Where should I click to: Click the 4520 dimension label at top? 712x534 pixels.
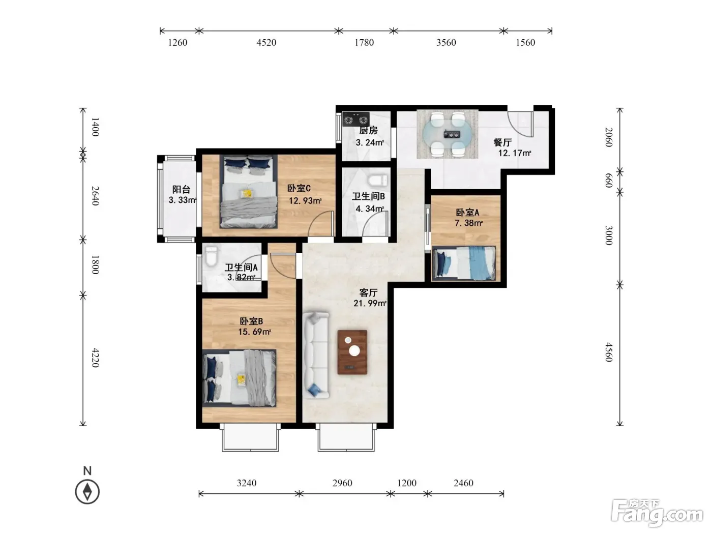266,43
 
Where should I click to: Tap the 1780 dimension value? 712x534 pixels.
364,43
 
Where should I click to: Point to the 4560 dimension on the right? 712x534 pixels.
609,352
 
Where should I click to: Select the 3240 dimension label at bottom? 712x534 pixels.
247,483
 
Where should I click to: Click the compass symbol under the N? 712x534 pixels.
87,492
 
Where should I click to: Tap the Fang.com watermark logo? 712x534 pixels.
657,513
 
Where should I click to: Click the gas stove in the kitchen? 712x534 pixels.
356,118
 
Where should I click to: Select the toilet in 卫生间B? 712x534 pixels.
378,180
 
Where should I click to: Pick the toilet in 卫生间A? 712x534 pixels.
212,257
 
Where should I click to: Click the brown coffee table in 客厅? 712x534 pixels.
352,352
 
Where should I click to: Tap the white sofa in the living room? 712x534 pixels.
316,355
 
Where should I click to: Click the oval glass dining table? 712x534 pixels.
448,133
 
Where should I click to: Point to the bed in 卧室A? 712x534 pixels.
464,263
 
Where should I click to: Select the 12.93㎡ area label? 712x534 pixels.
305,201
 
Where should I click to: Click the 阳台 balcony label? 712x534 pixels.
181,189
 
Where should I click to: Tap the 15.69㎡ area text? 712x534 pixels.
254,332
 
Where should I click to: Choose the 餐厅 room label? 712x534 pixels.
502,142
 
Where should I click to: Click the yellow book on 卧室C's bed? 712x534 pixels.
247,194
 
